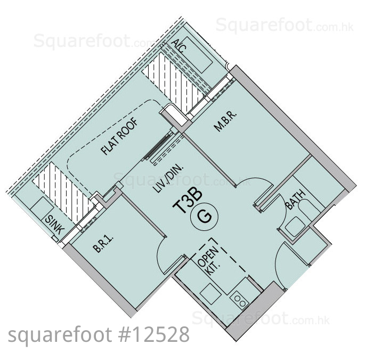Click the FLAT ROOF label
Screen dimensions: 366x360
[120, 137]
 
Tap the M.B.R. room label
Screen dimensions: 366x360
[225, 121]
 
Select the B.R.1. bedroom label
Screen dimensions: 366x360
[103, 244]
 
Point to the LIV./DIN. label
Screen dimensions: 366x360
[169, 178]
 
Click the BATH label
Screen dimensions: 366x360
[296, 199]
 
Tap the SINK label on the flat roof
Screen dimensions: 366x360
[55, 225]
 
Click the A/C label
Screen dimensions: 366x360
[179, 46]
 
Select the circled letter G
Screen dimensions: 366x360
[205, 217]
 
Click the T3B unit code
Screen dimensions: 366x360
[187, 201]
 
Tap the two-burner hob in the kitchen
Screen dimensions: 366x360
[240, 301]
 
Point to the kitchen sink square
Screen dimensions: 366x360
[210, 294]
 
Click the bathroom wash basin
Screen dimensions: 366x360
[295, 226]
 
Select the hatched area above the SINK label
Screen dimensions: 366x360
[63, 192]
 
